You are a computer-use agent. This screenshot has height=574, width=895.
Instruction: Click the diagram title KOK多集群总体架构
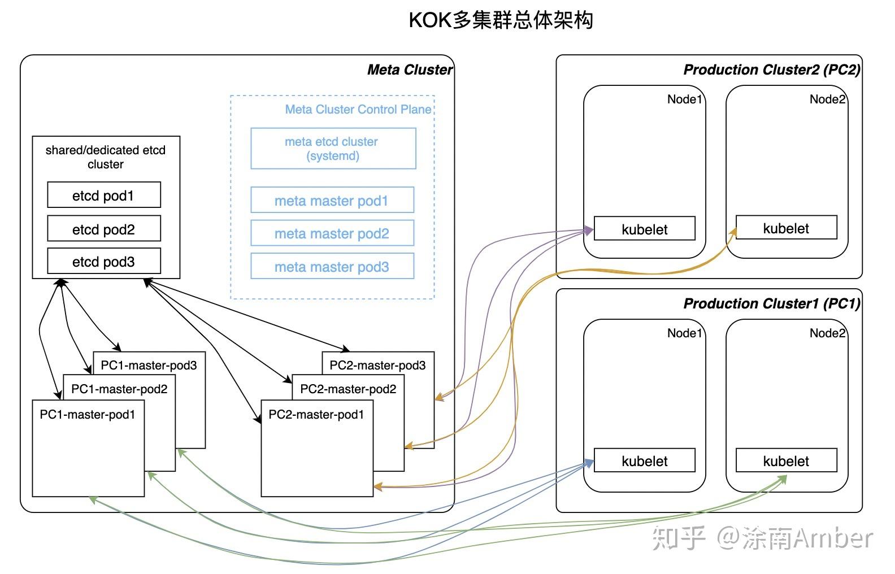pos(501,20)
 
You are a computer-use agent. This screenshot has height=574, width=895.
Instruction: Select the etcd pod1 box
pos(103,195)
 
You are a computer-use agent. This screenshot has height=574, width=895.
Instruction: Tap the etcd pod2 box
pos(103,229)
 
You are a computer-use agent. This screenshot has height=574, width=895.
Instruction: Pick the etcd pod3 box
pos(103,262)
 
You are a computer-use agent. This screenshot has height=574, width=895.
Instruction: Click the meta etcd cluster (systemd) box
pos(333,149)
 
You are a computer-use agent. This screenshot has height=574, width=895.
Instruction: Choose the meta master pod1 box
pos(332,201)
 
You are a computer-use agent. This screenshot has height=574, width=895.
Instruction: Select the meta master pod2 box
pos(332,233)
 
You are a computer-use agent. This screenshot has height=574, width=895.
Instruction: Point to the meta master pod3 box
pos(332,267)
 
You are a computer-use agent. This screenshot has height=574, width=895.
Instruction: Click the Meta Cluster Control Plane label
pos(358,110)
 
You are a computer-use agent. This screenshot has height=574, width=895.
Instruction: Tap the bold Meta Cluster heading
pos(410,70)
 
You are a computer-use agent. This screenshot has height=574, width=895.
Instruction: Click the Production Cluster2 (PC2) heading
pos(772,70)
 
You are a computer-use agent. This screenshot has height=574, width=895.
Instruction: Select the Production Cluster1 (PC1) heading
pos(772,304)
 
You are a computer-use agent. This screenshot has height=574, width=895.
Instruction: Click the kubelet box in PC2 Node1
pos(644,229)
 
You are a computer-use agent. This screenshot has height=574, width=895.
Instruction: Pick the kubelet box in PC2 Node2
pos(786,228)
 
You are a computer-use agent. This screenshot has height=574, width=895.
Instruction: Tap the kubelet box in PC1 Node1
pos(644,461)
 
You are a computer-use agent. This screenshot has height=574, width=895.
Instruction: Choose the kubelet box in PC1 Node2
pos(786,461)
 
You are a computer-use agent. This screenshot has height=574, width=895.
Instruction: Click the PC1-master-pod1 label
pos(88,415)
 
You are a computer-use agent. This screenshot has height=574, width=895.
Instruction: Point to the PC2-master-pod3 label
pos(377,366)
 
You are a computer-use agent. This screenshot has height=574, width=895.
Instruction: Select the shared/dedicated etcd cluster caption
pos(106,157)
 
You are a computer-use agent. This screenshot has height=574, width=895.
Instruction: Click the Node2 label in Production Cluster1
pos(827,333)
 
